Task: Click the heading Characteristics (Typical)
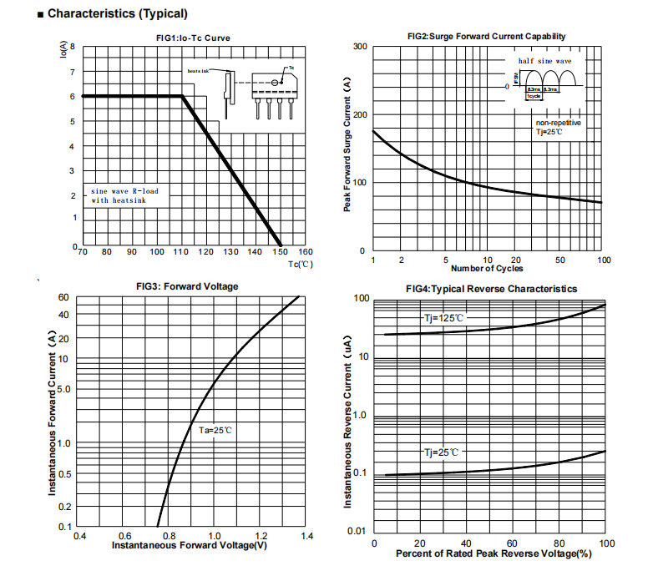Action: [x=117, y=13]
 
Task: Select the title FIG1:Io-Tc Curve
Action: [x=193, y=38]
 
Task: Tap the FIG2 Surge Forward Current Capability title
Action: [x=486, y=36]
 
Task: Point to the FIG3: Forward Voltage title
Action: [x=187, y=286]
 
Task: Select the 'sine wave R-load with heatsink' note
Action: [x=124, y=195]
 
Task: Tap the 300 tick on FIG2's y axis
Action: [x=358, y=46]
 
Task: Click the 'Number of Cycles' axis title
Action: [x=487, y=269]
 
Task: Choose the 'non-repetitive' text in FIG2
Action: [x=558, y=123]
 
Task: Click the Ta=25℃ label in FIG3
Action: [x=215, y=431]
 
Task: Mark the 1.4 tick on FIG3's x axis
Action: [x=306, y=535]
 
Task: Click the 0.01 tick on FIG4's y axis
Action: [x=357, y=532]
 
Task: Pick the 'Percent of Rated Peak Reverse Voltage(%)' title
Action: [x=493, y=553]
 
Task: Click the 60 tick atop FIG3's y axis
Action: [x=63, y=298]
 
